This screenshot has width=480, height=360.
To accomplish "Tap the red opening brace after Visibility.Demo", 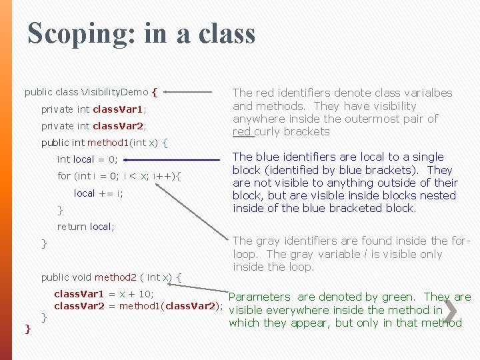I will [x=155, y=92].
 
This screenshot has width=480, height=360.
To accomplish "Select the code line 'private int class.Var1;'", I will [x=94, y=109].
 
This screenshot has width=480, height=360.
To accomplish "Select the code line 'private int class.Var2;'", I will [x=94, y=125].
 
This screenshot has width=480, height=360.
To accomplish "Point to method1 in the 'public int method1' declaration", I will [x=107, y=142].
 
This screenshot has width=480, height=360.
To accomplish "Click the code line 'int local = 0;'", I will [x=87, y=159].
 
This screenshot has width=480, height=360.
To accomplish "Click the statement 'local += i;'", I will [x=99, y=193].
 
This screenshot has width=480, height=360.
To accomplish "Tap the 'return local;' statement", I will [x=85, y=227].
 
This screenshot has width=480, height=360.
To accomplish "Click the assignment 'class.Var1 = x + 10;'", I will [x=103, y=294].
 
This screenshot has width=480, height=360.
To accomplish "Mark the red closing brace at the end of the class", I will [x=27, y=328].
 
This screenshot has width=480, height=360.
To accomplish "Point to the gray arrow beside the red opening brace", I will [x=193, y=93].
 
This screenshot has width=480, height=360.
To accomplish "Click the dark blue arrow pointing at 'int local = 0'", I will [x=174, y=160].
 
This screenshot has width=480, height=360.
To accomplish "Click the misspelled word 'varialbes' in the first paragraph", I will [x=429, y=93].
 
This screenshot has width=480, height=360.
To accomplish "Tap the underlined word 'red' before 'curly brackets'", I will [x=242, y=131].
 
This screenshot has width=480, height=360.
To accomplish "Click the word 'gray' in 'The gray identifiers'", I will [x=267, y=241].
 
